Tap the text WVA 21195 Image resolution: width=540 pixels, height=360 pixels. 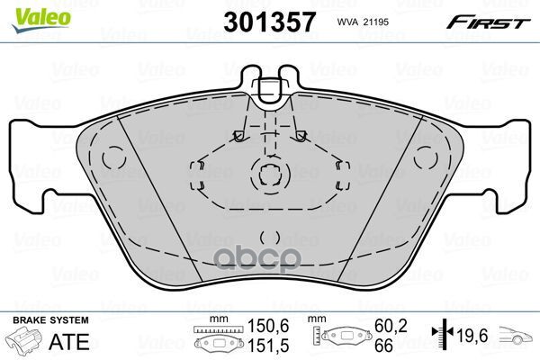[x=360, y=21]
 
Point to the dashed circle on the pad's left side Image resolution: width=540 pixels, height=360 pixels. [x=113, y=157]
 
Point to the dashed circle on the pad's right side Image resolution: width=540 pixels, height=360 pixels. [x=427, y=157]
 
